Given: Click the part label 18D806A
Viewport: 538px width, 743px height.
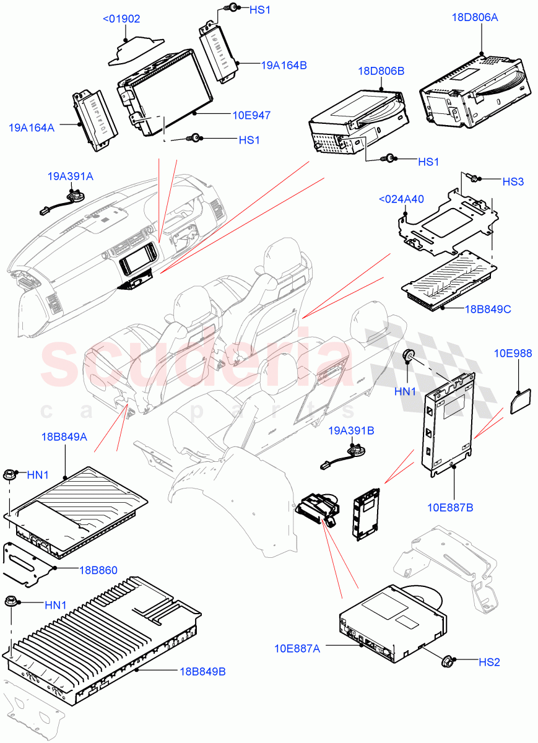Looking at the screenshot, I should point(475,17).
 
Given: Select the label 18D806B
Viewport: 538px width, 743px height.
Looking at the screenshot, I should point(381,71).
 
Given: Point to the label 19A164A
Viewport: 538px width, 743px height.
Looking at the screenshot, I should point(32,128).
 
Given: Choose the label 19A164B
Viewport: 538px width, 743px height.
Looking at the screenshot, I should point(284,64).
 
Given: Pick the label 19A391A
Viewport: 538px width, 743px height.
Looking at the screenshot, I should point(71,176).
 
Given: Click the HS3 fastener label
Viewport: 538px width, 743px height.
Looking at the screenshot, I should point(513,181).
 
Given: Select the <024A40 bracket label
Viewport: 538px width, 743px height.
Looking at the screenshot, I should point(401,199).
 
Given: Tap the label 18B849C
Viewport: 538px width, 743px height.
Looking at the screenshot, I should point(488,308).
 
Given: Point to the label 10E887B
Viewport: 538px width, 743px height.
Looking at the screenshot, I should point(450,508).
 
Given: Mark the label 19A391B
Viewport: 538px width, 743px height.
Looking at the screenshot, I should point(351,430).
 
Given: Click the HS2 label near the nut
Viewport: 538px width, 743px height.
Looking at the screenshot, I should point(488,662).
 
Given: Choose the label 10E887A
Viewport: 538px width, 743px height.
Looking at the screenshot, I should point(298,648).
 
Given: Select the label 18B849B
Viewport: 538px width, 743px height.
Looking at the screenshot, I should point(203,671).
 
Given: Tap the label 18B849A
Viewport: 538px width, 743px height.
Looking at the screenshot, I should point(65,437).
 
